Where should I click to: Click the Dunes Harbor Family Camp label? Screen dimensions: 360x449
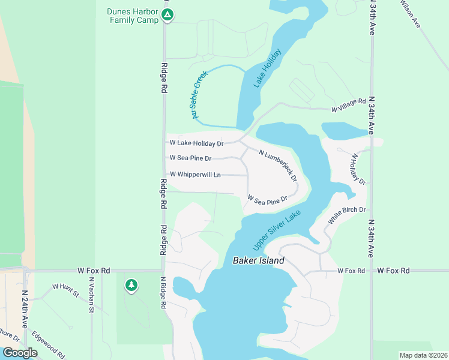click(133, 16)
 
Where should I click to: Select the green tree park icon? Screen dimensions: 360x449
click(131, 286)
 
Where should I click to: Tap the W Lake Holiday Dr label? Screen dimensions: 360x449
click(197, 143)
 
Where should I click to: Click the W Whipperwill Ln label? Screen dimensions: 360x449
click(196, 175)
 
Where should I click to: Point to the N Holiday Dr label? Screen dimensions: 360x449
click(358, 169)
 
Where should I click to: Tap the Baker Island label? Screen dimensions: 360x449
click(258, 261)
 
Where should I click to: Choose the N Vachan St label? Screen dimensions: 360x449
click(92, 295)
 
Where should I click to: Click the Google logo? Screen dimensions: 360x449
click(20, 353)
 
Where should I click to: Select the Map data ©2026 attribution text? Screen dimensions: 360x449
click(423, 355)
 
